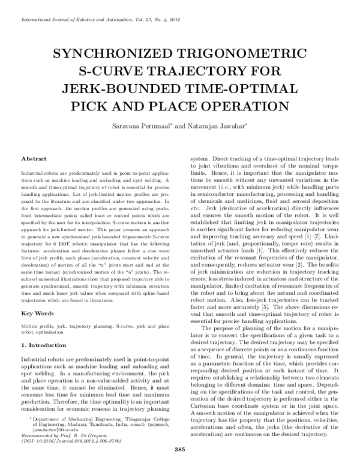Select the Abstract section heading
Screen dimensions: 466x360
pos(34,159)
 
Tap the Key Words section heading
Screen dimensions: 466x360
pos(37,314)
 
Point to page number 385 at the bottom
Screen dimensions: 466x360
pos(179,450)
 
